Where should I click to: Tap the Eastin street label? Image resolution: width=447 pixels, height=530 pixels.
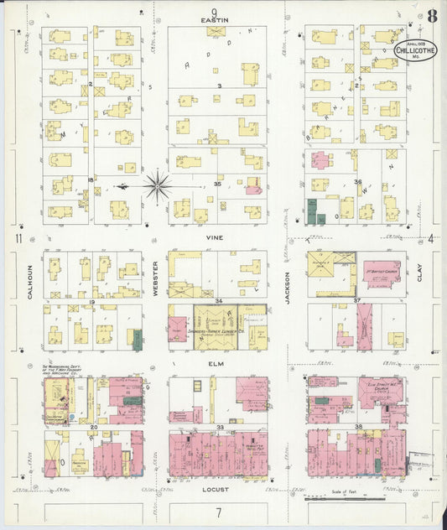click(x=216, y=18)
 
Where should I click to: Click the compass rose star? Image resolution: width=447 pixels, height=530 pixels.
click(x=157, y=185)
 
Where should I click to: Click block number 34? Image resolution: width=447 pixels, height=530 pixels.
click(x=217, y=299)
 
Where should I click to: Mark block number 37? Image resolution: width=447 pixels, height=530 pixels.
click(x=356, y=300)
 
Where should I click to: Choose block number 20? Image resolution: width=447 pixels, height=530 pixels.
click(x=94, y=427)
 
